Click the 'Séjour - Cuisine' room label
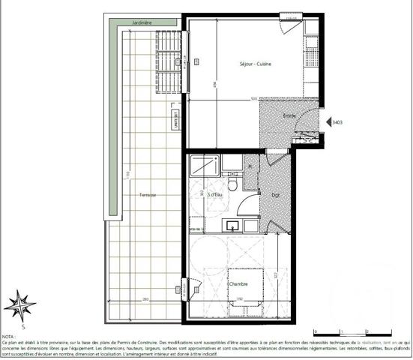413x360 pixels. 255,64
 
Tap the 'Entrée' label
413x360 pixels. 289,115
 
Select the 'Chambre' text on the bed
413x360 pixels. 238,283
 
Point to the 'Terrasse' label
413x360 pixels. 147,195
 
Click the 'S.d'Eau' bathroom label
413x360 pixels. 202,195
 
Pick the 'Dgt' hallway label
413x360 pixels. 265,194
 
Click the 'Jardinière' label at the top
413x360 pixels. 142,24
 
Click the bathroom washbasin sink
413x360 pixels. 232,224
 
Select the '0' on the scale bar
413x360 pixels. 316,331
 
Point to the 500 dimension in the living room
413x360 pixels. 253,98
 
